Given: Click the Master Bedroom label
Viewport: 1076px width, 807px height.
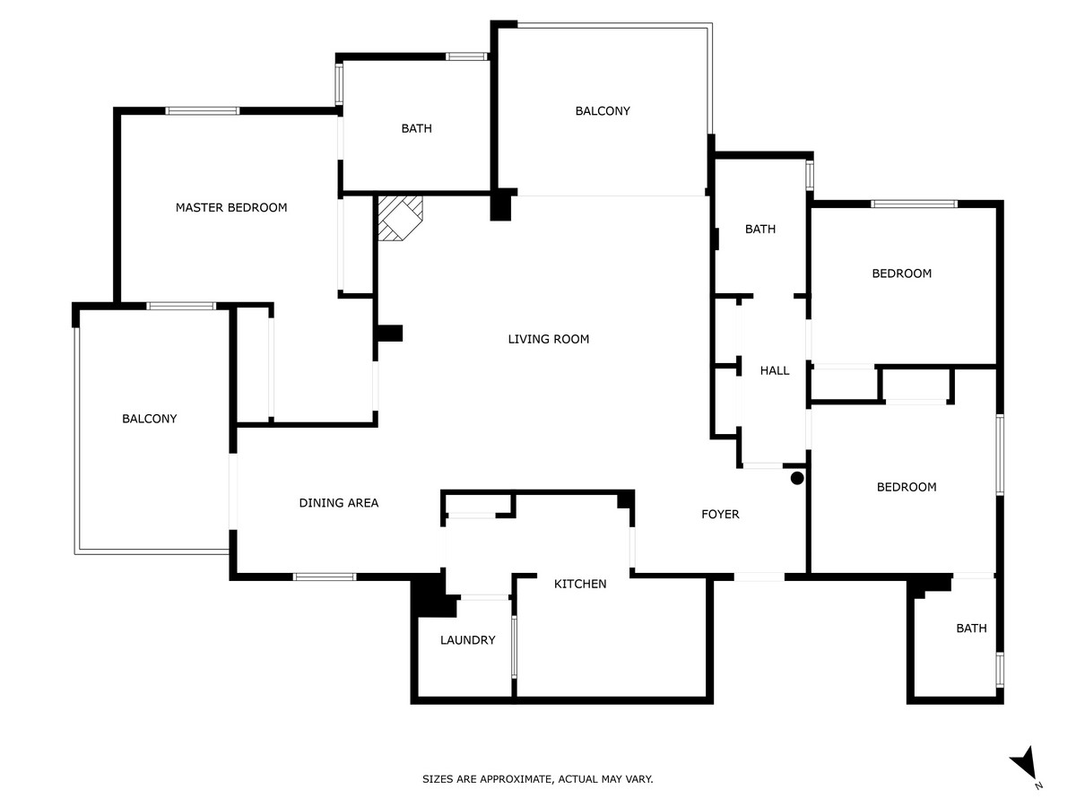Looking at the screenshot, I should point(231,207).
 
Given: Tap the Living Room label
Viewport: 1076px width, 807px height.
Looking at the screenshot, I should point(548,339).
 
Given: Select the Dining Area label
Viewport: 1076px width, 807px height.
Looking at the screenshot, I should point(338,503).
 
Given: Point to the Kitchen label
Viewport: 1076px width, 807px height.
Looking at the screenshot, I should point(579,584).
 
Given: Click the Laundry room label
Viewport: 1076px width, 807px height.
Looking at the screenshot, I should point(467,640).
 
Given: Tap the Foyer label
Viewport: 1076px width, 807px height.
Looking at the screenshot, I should point(720,514).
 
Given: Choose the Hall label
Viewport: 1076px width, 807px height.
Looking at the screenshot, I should point(775,370).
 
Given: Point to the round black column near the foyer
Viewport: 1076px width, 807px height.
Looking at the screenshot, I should point(797,479).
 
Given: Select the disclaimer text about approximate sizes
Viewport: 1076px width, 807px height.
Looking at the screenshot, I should point(538,779).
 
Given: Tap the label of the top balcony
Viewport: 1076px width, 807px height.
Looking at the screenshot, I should point(603,111).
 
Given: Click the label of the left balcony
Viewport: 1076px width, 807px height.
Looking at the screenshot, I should point(149,419).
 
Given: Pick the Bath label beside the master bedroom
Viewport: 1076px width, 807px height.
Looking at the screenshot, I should point(416,128).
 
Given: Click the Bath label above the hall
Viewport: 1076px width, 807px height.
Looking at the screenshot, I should point(759,230).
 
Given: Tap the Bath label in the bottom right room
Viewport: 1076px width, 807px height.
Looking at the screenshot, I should point(970,629).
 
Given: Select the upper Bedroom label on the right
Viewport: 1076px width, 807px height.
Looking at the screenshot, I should point(901,273).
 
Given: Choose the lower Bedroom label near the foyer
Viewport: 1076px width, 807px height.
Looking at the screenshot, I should point(906,487).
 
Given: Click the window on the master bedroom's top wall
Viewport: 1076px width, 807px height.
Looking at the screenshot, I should point(203,111).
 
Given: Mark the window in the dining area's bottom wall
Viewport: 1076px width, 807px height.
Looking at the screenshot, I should point(325,577).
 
